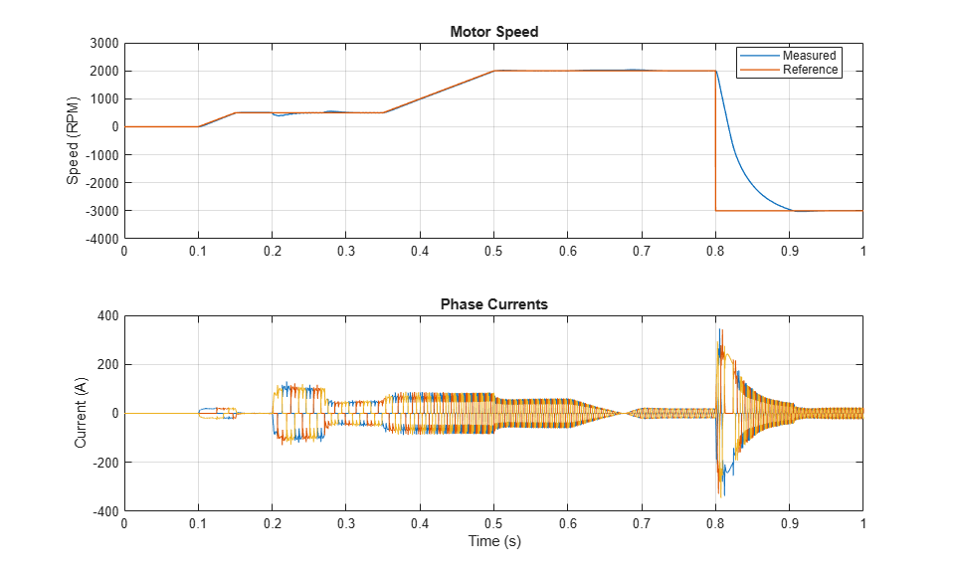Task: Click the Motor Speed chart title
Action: coord(494,32)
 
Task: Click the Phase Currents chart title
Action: coord(494,304)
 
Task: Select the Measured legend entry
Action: coord(809,56)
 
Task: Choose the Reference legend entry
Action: coord(810,70)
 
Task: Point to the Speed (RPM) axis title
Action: coord(73,140)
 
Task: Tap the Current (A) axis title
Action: coord(81,413)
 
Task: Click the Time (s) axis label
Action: coord(494,540)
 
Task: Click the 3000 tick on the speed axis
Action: coord(104,43)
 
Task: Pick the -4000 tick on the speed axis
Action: coord(102,239)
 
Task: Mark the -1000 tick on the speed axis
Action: coord(102,154)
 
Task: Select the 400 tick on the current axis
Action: coord(108,316)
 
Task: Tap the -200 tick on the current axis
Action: coord(105,462)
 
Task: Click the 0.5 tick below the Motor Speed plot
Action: coord(493,251)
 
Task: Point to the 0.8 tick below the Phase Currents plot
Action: coord(715,523)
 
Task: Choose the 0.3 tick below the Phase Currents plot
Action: coord(345,523)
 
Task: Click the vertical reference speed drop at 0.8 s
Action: coord(715,140)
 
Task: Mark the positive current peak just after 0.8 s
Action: coord(720,329)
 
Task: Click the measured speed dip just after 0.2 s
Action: coord(279,115)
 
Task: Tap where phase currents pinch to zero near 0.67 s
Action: coord(623,413)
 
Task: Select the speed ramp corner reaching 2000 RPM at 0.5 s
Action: coord(494,71)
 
